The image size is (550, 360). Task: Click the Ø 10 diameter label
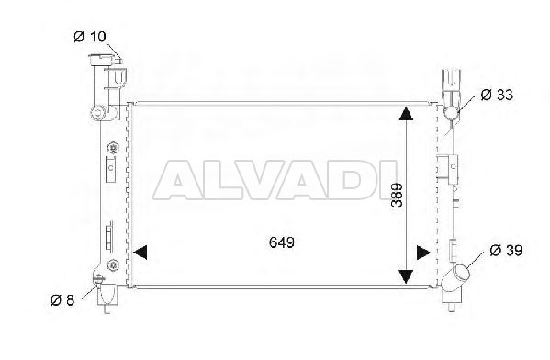[x=90, y=36]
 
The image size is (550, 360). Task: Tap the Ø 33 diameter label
[x=497, y=95]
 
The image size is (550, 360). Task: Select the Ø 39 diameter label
[x=506, y=250]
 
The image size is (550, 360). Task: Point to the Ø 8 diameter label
[x=62, y=300]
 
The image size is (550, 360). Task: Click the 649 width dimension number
[x=282, y=242]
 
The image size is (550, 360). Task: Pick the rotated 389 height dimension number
[x=398, y=195]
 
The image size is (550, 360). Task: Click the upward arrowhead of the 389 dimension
[x=406, y=114]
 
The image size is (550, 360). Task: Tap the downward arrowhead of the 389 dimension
[x=406, y=277]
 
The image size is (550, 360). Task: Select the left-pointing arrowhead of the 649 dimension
[x=140, y=253]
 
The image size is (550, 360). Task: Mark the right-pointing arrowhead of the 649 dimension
[x=423, y=253]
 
